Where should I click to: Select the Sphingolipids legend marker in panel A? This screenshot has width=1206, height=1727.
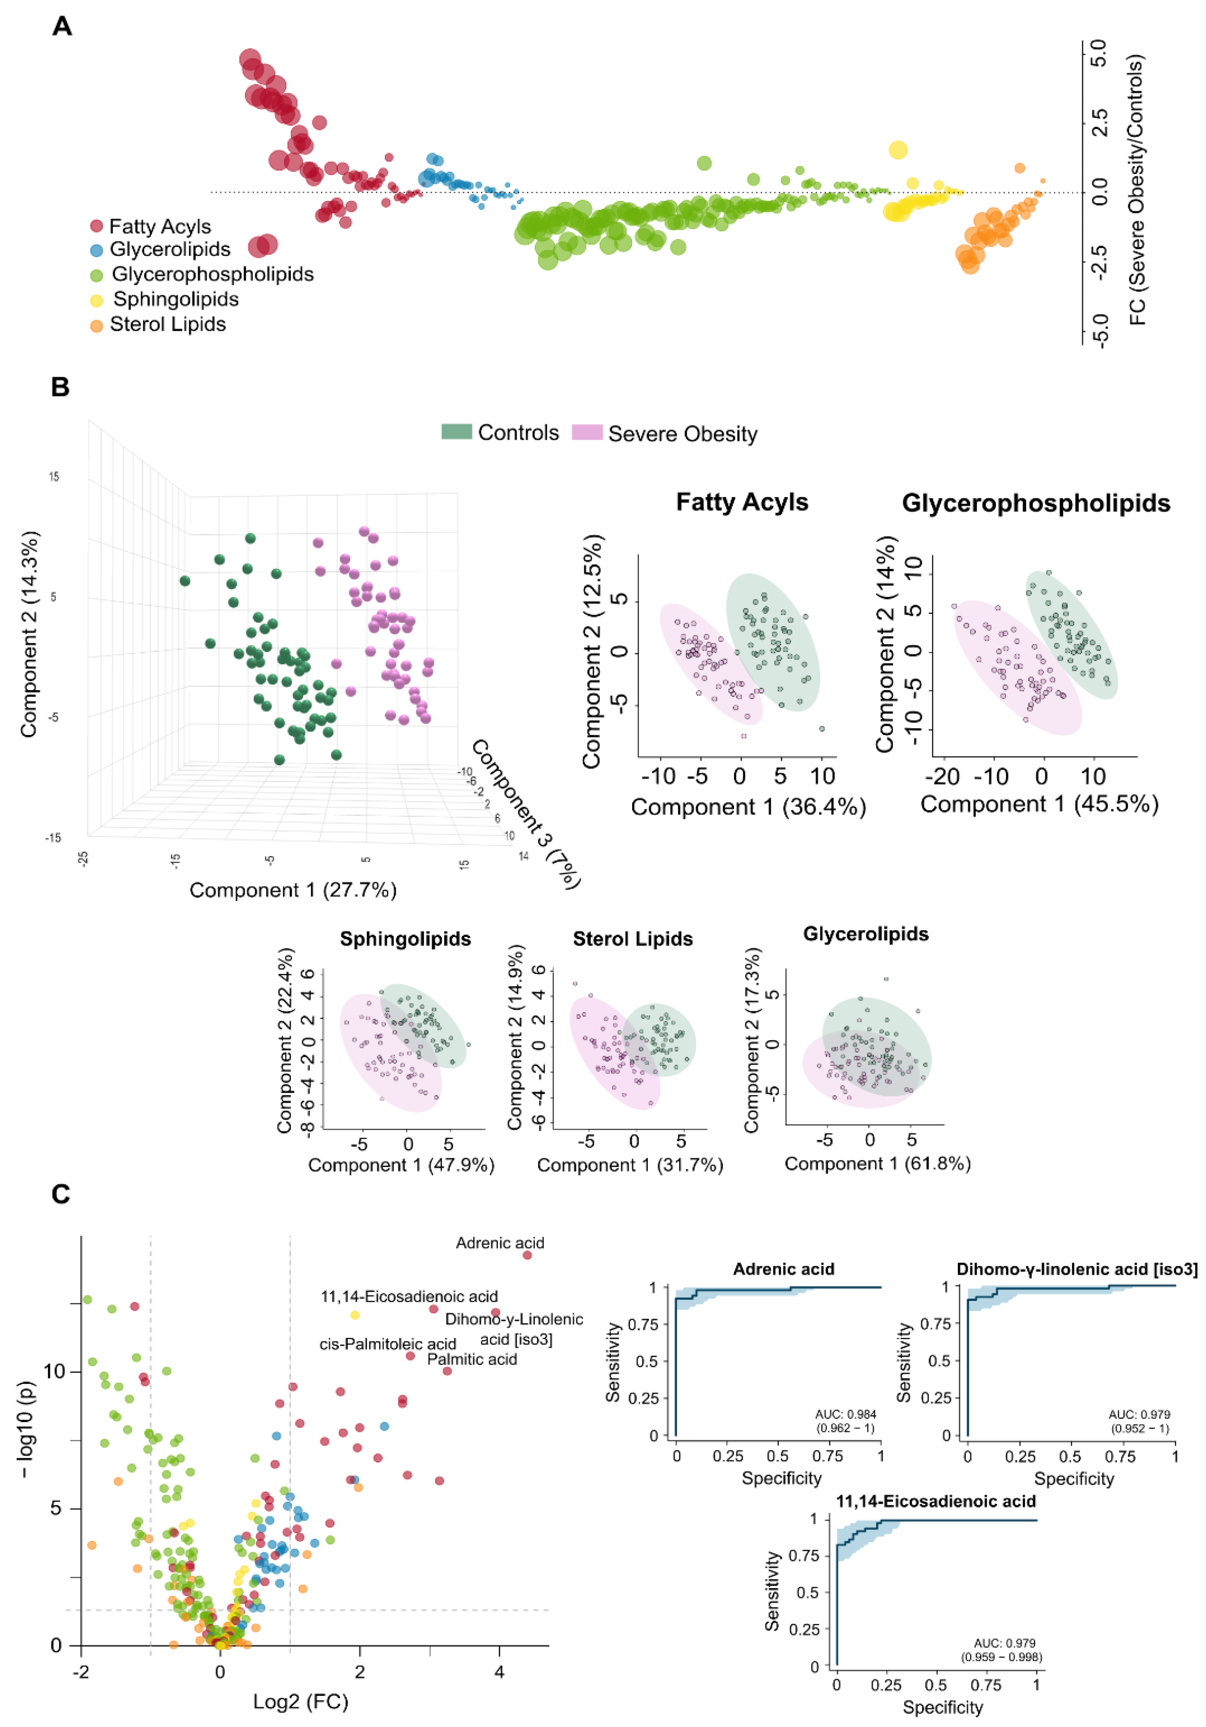coord(96,300)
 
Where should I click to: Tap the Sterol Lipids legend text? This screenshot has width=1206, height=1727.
coord(168,324)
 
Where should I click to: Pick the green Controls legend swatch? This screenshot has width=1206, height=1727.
coord(456,432)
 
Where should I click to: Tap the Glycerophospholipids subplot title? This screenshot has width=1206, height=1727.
coord(1036,503)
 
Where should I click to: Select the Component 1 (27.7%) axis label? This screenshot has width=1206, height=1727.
coord(292,891)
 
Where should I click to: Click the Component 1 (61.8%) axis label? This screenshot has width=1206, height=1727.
coord(877,1164)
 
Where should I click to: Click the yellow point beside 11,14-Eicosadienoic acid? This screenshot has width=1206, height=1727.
coord(355,1315)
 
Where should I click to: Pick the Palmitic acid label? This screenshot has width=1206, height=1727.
coord(472,1359)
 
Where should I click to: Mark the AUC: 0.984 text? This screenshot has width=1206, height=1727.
coord(846,1414)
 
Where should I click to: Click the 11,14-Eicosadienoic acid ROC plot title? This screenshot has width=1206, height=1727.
coord(936,1501)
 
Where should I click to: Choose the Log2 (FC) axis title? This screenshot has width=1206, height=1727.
coord(300,1702)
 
